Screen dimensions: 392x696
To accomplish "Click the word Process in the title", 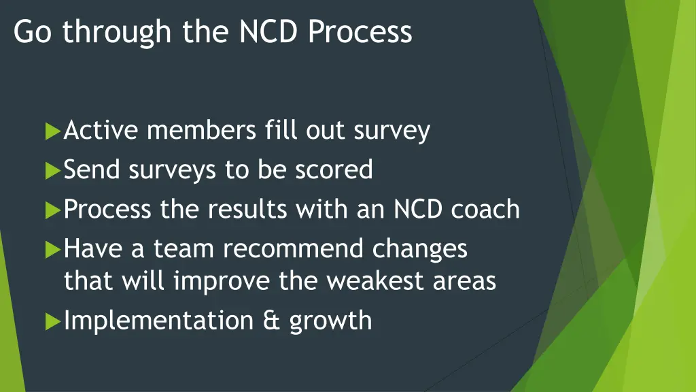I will click(x=360, y=32).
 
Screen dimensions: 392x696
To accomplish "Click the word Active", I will click(x=101, y=130).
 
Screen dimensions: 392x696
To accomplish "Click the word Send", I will click(x=92, y=169).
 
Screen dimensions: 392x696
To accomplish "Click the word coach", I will click(x=485, y=209).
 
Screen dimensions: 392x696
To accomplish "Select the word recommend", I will click(x=295, y=248).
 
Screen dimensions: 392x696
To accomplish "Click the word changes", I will click(x=420, y=249).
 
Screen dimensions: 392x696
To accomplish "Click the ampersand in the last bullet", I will click(x=272, y=320).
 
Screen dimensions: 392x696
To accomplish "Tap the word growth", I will click(x=331, y=321).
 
